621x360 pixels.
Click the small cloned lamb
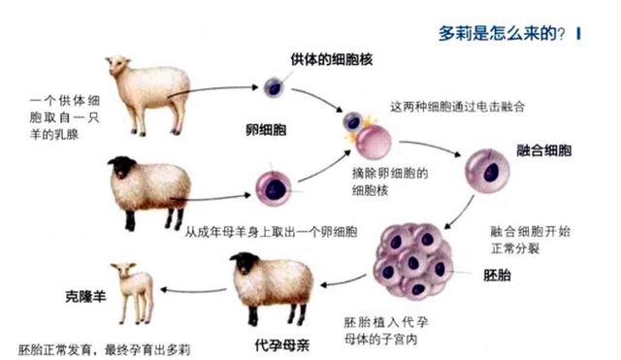[134, 288]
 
